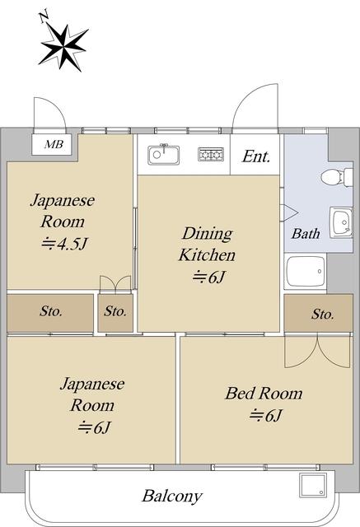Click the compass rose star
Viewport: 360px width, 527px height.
(63, 48)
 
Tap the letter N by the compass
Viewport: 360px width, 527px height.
(44, 17)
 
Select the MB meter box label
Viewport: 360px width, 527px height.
(54, 145)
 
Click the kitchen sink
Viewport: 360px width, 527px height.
(164, 155)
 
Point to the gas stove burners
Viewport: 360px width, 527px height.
(211, 154)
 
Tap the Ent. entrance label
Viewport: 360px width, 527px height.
(256, 156)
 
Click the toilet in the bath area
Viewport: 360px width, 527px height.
(337, 177)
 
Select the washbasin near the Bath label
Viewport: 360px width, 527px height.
(341, 222)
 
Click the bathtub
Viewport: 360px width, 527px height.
(306, 272)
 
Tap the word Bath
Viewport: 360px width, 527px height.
(306, 234)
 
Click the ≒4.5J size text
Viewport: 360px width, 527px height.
(64, 244)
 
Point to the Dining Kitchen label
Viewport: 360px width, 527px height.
(207, 245)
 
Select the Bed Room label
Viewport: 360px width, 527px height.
(264, 394)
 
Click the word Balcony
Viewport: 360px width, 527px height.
(172, 496)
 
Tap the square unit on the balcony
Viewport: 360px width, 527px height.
(313, 485)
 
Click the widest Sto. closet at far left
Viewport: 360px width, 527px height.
(50, 313)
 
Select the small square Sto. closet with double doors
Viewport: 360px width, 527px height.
(115, 313)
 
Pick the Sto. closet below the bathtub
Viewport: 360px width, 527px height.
(318, 313)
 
